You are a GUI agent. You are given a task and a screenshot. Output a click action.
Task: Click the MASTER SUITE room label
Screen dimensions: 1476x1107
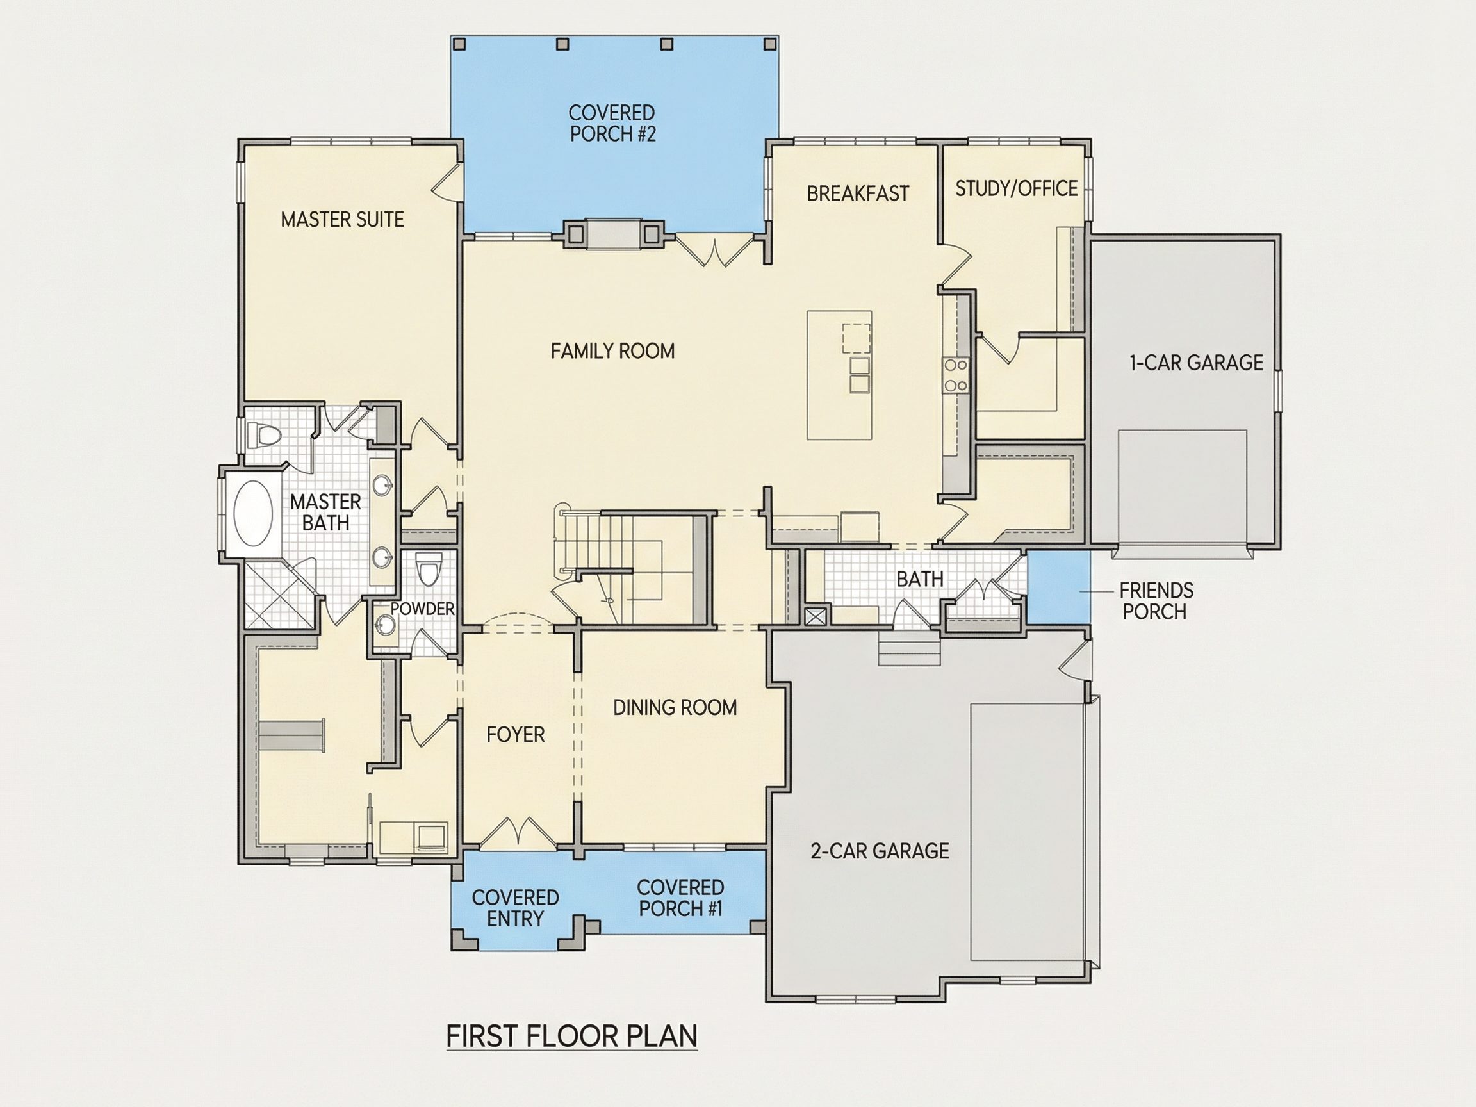pos(342,220)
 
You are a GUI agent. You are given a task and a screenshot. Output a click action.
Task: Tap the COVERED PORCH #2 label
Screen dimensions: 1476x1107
pos(612,124)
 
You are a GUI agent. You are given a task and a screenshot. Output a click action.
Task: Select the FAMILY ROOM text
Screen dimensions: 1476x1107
pos(612,351)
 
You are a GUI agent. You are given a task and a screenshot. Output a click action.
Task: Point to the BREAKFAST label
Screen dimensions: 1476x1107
pos(857,193)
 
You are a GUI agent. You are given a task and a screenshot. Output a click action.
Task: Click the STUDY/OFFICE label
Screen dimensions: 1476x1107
pos(1016,189)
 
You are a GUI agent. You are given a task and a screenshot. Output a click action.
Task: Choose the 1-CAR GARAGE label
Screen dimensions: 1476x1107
pos(1197,363)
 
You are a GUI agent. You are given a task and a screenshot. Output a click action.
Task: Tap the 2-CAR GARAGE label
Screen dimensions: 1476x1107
pos(880,851)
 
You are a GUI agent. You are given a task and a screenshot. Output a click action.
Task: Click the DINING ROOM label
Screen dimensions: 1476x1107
pos(675,707)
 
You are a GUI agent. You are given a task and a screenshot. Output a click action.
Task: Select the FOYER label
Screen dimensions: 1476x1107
pos(515,735)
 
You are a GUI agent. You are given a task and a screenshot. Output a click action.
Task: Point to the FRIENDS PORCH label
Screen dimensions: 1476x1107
pos(1156,600)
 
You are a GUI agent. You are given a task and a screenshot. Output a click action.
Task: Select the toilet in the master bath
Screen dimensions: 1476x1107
pos(263,435)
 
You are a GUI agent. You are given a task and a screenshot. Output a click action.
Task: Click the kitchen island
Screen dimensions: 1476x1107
pos(839,375)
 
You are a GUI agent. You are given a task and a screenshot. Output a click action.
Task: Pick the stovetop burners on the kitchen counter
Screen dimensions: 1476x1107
pos(956,375)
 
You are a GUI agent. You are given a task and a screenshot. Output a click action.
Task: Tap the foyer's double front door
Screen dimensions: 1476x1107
pos(518,833)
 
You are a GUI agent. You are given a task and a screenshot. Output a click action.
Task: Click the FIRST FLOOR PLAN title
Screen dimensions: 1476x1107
pos(572,1037)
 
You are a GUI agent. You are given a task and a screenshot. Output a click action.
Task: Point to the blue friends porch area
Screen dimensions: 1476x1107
pos(1058,587)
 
